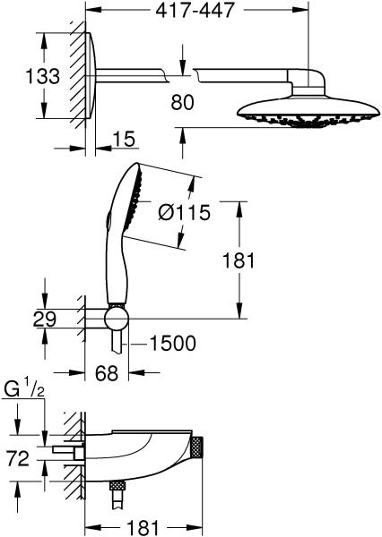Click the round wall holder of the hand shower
[x=115, y=320]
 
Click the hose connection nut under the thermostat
[x=114, y=487]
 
